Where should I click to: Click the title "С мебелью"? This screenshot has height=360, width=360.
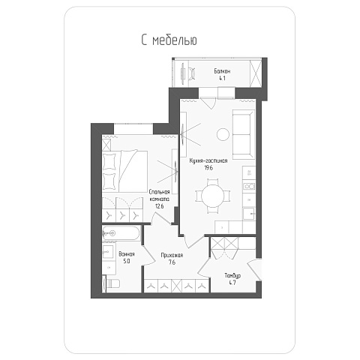click(x=169, y=40)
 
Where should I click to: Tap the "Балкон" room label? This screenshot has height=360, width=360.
click(x=222, y=71)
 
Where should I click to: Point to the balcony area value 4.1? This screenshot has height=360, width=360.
click(x=222, y=78)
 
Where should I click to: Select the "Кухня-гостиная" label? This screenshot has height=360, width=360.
click(x=208, y=160)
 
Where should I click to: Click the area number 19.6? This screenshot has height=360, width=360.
click(x=208, y=168)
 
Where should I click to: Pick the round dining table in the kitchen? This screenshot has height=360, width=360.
click(x=212, y=196)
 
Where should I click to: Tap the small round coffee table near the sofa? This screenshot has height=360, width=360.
click(x=223, y=134)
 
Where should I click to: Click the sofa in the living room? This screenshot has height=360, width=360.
click(x=243, y=134)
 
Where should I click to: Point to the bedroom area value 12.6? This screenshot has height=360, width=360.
click(x=159, y=206)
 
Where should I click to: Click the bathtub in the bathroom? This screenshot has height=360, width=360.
click(x=121, y=233)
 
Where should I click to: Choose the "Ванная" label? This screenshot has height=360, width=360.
click(x=127, y=254)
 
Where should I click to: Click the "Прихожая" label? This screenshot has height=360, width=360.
click(x=172, y=255)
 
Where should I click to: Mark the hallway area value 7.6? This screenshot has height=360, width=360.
click(x=172, y=262)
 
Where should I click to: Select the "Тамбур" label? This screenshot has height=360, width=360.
click(x=232, y=276)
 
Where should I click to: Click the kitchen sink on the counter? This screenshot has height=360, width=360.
click(x=249, y=214)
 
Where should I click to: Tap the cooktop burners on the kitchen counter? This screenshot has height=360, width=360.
click(x=249, y=186)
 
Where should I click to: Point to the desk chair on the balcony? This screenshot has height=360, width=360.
click(x=192, y=73)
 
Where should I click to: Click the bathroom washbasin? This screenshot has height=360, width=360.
click(x=108, y=250)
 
